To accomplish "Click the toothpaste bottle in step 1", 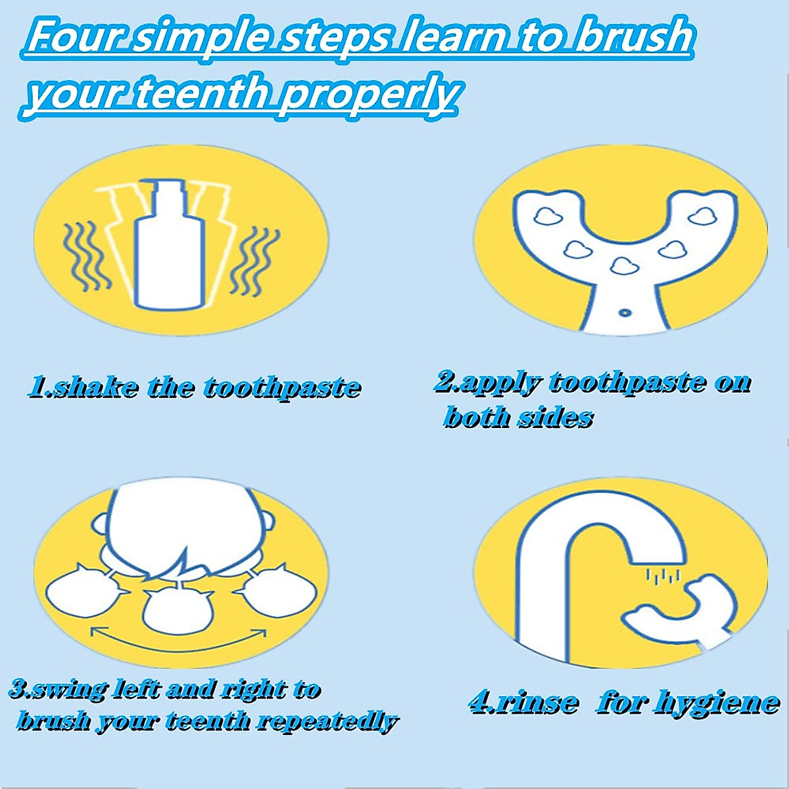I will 167,250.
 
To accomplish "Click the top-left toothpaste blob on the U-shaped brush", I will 547,215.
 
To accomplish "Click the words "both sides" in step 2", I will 518,417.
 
